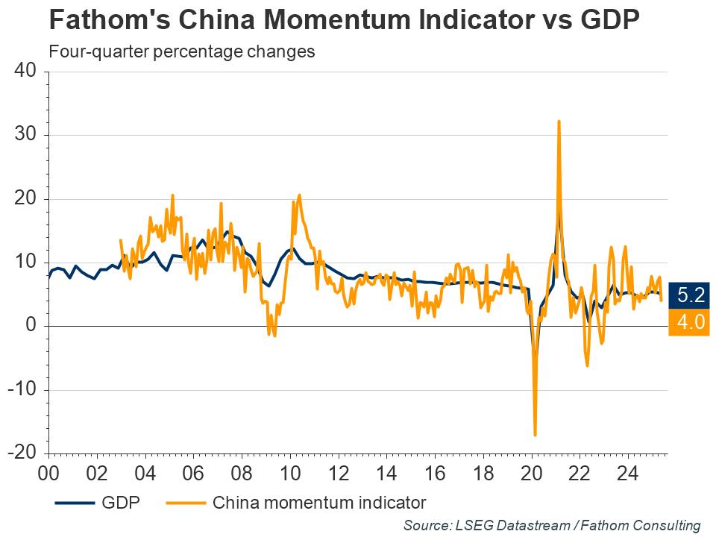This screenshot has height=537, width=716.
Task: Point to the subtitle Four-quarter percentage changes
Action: tap(180, 52)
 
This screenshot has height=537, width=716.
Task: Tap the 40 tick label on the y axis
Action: tap(25, 72)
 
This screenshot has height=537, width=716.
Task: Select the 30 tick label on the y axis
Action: tap(25, 135)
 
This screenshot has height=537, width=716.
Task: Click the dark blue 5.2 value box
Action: tap(690, 295)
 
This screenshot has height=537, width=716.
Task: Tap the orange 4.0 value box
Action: tap(690, 323)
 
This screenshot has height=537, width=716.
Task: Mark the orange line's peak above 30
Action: tap(559, 121)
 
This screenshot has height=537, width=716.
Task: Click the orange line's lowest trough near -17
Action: tap(535, 435)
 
